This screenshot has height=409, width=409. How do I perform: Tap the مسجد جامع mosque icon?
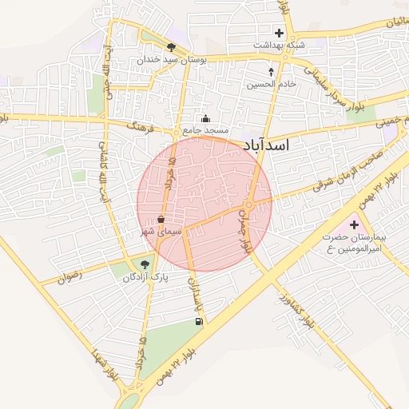tap(205, 118)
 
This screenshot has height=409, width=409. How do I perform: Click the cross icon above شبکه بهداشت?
tap(279, 33)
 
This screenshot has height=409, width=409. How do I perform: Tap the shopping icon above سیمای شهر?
tap(161, 218)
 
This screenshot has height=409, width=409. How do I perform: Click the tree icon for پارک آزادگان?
tap(145, 265)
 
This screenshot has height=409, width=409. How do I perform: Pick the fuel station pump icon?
tap(198, 322)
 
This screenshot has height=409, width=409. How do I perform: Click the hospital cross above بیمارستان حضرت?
tap(354, 224)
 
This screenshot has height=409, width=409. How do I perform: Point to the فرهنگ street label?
tap(144, 127)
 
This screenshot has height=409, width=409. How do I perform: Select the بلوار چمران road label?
tap(248, 234)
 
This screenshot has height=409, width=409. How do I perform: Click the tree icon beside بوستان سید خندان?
tap(172, 48)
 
